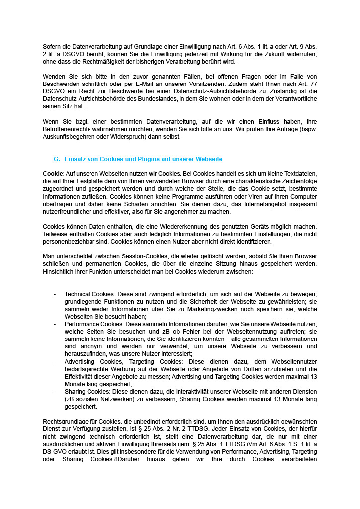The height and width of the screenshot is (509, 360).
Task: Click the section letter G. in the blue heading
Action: coord(57,159)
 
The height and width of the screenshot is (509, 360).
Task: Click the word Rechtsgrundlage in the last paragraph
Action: coord(67,422)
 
